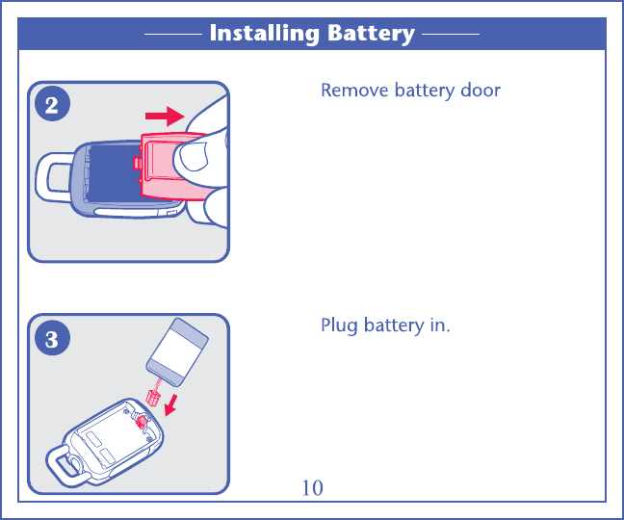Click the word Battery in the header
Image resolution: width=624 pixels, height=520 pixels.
tap(371, 34)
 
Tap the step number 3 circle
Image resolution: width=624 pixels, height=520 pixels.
tap(52, 339)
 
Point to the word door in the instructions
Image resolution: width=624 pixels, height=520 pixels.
tap(480, 91)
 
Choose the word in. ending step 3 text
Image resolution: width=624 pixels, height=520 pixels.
tap(438, 325)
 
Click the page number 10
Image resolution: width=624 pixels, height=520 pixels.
tap(312, 488)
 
